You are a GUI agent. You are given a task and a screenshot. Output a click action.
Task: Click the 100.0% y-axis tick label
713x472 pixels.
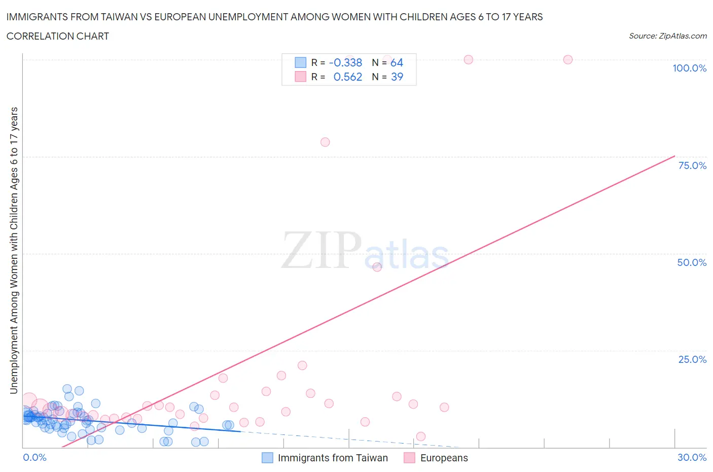pos(689,68)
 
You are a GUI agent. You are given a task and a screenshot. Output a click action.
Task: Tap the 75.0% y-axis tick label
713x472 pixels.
pos(692,165)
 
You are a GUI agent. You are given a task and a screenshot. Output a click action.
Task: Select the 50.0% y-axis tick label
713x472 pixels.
pos(692,262)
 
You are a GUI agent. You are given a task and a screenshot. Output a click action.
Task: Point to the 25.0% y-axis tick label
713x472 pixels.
pos(692,359)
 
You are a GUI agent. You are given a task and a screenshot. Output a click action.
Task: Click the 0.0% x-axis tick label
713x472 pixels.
pos(34,457)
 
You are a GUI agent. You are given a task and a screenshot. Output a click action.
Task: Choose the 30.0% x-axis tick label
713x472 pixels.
pos(692,457)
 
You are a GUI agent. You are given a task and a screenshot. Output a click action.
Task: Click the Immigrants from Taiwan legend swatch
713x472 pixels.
pos(267,458)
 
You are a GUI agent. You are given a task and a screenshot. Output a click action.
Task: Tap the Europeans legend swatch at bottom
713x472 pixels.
pos(409,458)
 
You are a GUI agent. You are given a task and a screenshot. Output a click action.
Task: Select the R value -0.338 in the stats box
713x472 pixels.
pos(345,62)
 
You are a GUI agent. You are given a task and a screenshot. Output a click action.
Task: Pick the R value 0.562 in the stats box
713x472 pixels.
pos(347,77)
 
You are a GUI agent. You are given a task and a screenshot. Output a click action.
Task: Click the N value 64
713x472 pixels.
pos(397,62)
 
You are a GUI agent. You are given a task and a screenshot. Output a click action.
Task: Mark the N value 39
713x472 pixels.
pos(397,77)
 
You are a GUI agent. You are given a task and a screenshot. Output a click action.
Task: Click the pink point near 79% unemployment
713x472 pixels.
pos(325,142)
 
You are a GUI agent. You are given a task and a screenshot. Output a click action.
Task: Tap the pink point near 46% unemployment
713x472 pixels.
pos(377,267)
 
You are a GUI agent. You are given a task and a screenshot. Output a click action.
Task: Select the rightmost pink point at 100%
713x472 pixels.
pos(568,59)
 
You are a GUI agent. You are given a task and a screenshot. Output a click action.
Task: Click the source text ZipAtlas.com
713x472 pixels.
pos(667,36)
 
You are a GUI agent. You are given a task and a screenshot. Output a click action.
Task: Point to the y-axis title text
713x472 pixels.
pos(14,250)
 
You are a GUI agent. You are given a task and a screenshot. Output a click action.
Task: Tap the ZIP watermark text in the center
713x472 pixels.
pos(322,250)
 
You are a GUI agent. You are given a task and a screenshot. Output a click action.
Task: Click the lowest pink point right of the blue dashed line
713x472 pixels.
pos(420,436)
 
